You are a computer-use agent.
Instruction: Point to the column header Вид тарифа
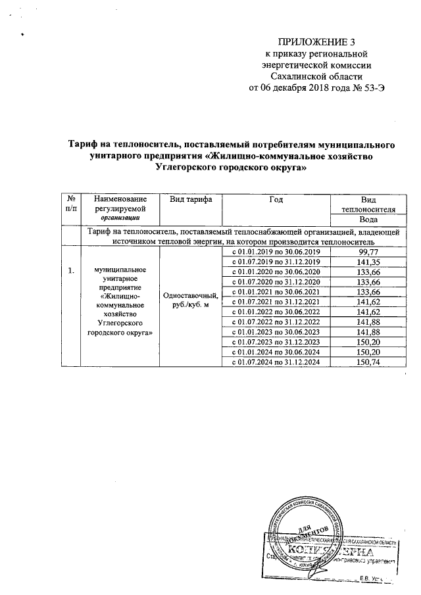click(190, 199)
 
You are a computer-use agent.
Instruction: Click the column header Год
click(277, 199)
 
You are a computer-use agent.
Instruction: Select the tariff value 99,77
click(368, 252)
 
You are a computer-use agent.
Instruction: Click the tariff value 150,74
click(368, 362)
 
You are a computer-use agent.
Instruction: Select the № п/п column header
click(70, 204)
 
